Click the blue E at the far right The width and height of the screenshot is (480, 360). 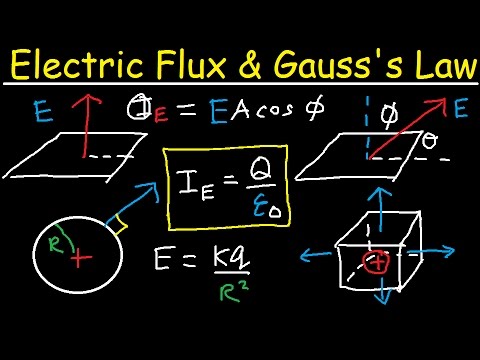click(460, 109)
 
